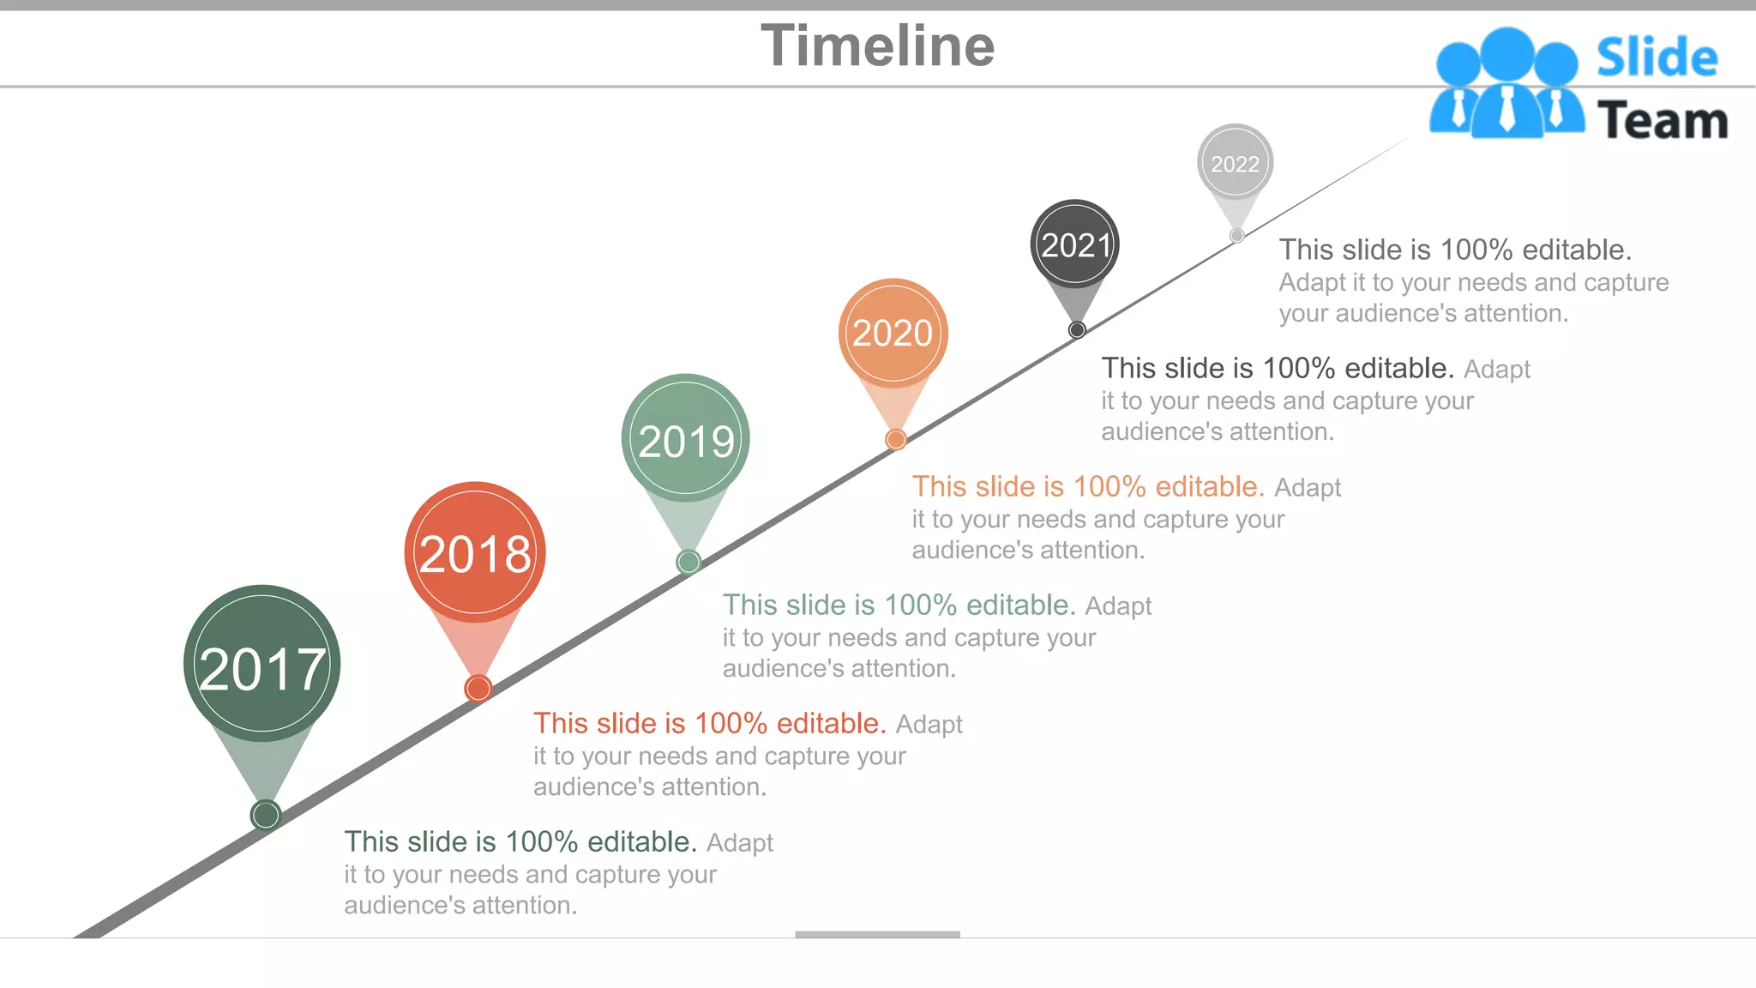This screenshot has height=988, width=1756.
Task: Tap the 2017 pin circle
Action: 262,664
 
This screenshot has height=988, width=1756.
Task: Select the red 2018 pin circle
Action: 475,552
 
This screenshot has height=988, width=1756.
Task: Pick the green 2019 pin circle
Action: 686,438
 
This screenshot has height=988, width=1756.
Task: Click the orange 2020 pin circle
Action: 893,333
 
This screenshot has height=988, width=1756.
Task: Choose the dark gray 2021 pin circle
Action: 1074,244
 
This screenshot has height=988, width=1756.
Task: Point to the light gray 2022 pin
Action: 1235,163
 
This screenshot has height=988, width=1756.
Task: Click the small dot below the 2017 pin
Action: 266,815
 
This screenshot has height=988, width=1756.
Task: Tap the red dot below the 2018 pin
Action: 478,688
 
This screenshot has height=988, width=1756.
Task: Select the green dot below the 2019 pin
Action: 689,562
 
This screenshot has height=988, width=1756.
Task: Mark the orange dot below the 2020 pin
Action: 896,440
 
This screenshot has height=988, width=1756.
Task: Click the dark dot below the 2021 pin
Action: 1077,330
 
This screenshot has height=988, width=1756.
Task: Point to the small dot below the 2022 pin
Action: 1236,235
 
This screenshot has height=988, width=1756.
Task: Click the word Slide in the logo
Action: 1657,58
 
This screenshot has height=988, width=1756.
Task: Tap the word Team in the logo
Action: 1662,121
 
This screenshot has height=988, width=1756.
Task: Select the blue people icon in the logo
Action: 1506,84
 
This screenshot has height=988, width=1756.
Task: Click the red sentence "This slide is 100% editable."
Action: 709,724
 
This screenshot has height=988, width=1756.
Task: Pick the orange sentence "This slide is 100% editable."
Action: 1087,487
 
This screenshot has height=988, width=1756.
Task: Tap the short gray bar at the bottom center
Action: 877,934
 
